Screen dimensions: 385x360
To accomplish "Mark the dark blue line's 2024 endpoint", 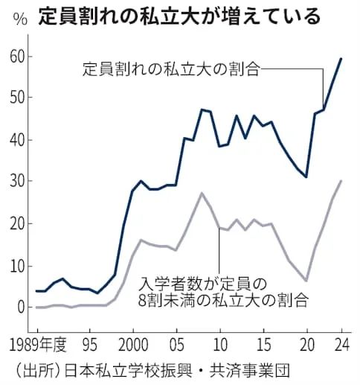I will pyautogui.click(x=341, y=59).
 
